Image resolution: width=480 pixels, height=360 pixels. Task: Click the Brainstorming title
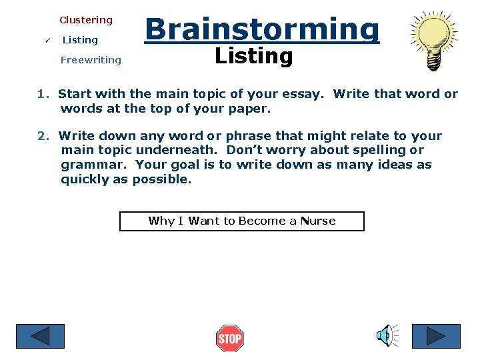tap(262, 29)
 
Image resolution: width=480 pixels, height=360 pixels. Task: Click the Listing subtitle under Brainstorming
tap(254, 57)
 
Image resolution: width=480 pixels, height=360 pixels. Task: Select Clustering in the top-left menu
tap(86, 20)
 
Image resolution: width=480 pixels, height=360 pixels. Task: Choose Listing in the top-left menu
tap(80, 40)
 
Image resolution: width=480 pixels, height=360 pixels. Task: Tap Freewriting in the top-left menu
tap(91, 60)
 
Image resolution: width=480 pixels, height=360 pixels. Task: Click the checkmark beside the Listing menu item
tap(41, 40)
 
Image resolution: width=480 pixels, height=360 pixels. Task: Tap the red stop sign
tap(230, 339)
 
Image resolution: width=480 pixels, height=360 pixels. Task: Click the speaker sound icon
tap(387, 336)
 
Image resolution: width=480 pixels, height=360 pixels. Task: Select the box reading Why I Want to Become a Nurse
tap(242, 221)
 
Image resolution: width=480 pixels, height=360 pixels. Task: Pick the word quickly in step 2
tap(85, 179)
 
